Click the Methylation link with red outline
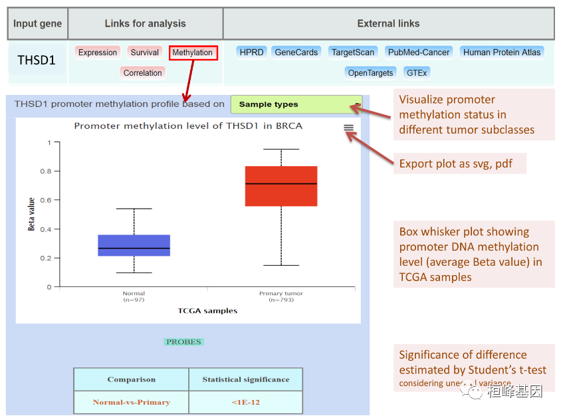(x=193, y=52)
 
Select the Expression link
(x=98, y=52)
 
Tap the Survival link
(x=144, y=52)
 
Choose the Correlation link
(x=142, y=73)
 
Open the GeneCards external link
(x=296, y=52)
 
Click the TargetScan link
(x=353, y=52)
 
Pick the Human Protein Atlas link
(x=503, y=52)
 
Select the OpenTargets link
(x=370, y=72)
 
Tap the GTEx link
(x=417, y=72)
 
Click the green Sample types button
(x=296, y=104)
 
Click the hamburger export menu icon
(x=349, y=128)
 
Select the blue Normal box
(x=134, y=245)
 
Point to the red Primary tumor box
(x=281, y=186)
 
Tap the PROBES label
(x=183, y=342)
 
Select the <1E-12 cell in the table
(x=246, y=402)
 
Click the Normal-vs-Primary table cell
(x=131, y=402)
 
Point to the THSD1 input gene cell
(x=37, y=60)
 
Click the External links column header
(x=388, y=23)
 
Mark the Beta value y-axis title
(x=31, y=215)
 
